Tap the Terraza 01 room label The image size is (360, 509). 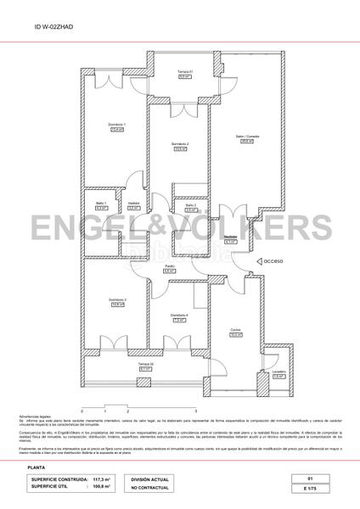(185, 72)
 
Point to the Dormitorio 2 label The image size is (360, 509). (179, 145)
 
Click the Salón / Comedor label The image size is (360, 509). (246, 138)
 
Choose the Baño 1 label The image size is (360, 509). (100, 204)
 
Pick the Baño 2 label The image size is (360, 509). (190, 205)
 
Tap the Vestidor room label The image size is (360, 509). (133, 204)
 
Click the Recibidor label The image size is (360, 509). (230, 238)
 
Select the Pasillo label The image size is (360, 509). (170, 267)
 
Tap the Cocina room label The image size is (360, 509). (236, 332)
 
